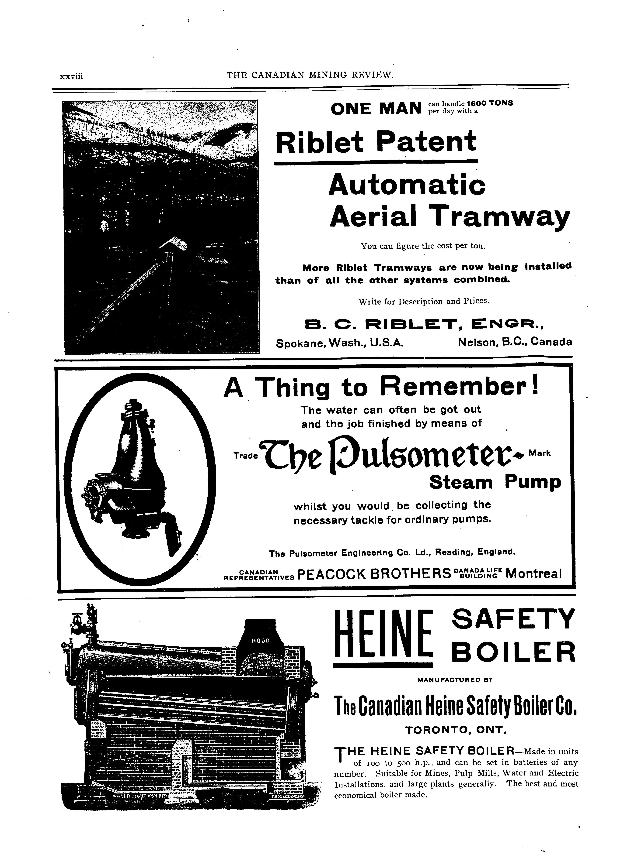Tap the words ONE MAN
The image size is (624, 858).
(x=376, y=109)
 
